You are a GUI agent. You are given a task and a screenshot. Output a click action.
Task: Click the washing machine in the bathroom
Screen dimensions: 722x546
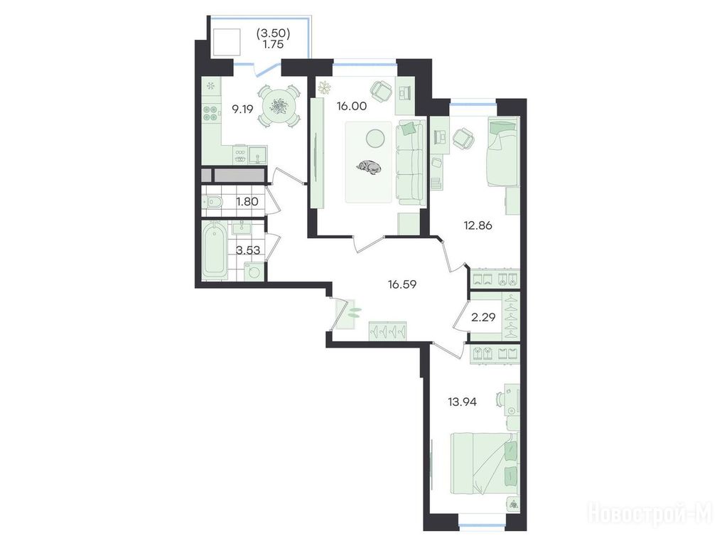tap(254, 271)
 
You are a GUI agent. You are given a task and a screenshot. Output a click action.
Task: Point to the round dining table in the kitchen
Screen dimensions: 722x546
tap(278, 107)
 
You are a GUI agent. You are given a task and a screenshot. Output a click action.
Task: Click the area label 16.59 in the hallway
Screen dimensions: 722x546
tap(402, 284)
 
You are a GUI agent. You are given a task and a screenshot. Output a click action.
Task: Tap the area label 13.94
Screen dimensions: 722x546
tap(463, 402)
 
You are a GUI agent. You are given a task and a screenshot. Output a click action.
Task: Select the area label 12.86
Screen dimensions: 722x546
tap(478, 225)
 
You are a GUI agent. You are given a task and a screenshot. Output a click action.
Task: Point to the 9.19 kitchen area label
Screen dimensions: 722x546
tap(242, 109)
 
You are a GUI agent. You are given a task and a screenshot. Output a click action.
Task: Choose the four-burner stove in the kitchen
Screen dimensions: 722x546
tap(211, 113)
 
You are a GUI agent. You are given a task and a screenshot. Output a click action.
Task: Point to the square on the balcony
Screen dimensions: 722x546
tap(226, 43)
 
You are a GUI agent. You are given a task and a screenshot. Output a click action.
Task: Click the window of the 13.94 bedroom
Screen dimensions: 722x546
tap(482, 525)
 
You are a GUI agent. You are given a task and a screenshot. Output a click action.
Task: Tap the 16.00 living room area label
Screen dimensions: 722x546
tap(352, 107)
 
